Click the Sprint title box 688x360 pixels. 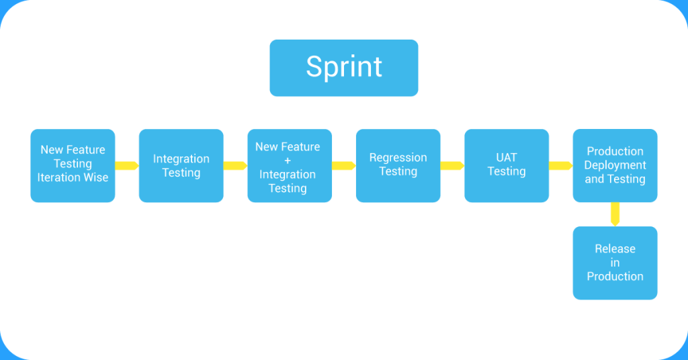343,67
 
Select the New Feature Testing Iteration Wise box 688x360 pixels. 73,165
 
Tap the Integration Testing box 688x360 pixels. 181,165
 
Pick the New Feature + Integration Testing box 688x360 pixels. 289,165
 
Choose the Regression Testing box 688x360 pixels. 398,165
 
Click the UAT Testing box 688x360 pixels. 506,165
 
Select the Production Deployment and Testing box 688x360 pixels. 615,165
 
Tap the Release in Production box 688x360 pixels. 615,263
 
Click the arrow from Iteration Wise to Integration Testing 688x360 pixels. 127,165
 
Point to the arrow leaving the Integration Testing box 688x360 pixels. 235,165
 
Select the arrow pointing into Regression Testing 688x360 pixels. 343,165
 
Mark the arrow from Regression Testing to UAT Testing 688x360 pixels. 452,165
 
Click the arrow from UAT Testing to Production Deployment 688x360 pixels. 560,165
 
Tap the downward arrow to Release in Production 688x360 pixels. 615,214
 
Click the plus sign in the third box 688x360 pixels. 288,161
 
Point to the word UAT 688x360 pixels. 506,158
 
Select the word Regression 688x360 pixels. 398,158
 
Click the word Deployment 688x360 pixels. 615,165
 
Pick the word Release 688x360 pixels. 615,249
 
